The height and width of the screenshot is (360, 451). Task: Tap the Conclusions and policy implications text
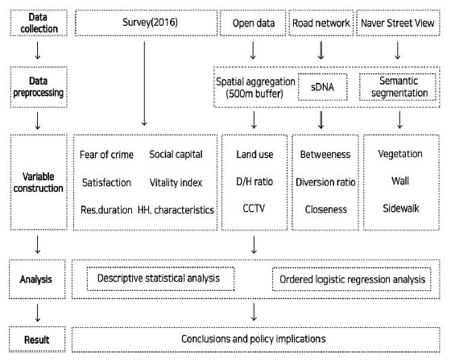254,337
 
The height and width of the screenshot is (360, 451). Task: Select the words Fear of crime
106,153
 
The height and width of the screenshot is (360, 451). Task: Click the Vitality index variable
175,182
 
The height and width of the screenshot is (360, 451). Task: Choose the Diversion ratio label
322,182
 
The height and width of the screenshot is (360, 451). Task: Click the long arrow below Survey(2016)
144,77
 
